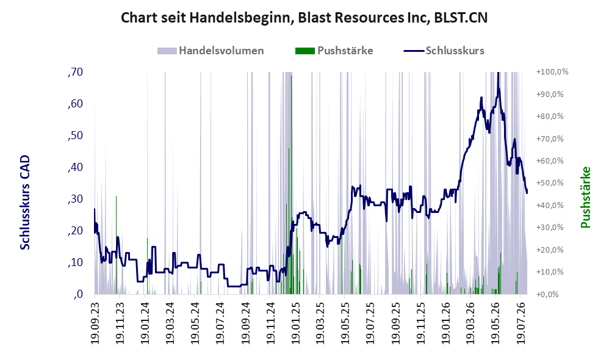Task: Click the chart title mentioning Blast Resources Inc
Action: (x=304, y=18)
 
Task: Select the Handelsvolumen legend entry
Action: (x=211, y=51)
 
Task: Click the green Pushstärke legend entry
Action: (x=334, y=51)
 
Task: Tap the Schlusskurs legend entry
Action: (x=444, y=51)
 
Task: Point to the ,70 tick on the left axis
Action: (x=75, y=72)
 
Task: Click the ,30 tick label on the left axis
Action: (x=75, y=199)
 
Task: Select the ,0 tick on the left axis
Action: (x=77, y=294)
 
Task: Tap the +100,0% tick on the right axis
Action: (x=552, y=72)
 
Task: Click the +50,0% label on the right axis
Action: (x=550, y=183)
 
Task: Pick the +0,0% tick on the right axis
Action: (x=547, y=294)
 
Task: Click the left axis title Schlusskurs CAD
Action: (x=25, y=203)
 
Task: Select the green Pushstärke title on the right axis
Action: (x=585, y=197)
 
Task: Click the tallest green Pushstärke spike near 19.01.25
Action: (x=291, y=185)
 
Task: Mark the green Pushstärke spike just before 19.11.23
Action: (x=116, y=245)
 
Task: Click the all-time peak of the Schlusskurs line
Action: (x=498, y=73)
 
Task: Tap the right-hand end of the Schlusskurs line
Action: (x=527, y=193)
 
